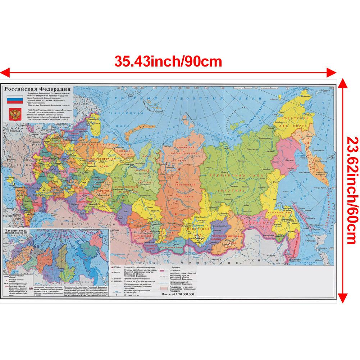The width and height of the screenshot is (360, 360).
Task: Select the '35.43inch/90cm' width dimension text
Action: (168, 61)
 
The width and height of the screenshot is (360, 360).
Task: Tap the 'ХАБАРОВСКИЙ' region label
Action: (278, 213)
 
